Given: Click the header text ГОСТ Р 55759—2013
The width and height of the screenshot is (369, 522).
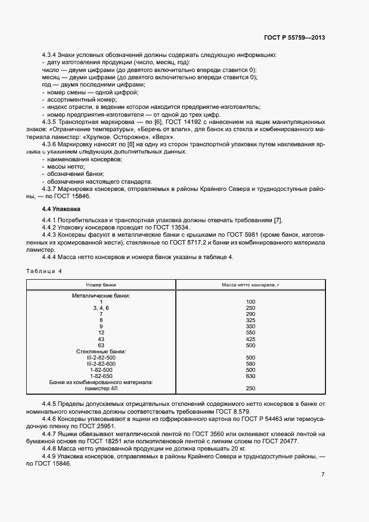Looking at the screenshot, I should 294,38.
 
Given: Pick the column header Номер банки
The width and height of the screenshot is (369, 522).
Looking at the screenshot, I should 101,285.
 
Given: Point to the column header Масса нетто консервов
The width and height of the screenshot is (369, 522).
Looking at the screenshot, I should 250,285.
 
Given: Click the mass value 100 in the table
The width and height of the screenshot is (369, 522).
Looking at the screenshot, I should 250,301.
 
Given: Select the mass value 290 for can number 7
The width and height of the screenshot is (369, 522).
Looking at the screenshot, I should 250,314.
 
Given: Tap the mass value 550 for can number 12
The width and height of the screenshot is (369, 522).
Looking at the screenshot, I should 250,333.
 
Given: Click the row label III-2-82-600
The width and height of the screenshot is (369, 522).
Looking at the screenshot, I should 101,363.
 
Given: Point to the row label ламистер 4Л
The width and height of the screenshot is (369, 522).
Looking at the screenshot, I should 101,389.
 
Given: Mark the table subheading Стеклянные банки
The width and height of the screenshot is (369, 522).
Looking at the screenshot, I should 101,351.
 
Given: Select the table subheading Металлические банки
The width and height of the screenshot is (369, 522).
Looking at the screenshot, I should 101,295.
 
